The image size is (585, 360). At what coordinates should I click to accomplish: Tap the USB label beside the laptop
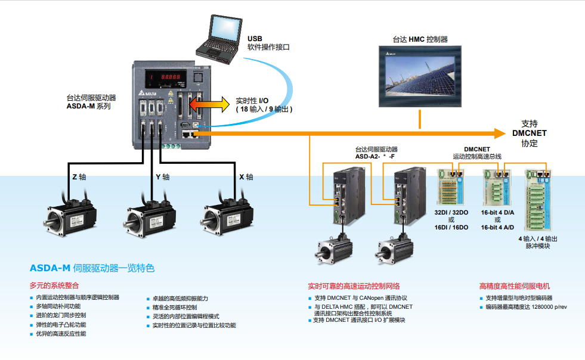click(255, 38)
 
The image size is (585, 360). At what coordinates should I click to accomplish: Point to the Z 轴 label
click(79, 177)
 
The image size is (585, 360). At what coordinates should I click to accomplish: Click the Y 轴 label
click(162, 177)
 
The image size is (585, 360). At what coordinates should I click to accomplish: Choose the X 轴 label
click(246, 177)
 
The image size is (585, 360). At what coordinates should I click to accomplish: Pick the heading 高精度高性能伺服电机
click(515, 285)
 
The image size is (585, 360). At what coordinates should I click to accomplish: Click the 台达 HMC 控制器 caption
click(420, 39)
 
